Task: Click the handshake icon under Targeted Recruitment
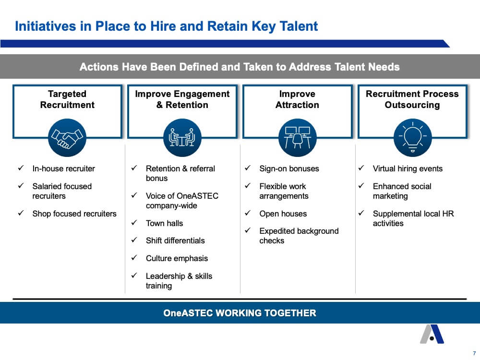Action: (67, 138)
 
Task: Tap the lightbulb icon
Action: (413, 138)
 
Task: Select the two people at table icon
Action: (182, 138)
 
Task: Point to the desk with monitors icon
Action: (298, 138)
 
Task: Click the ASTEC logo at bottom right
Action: (432, 334)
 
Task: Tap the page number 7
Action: (475, 353)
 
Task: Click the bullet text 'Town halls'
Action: (164, 223)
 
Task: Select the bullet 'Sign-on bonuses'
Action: (289, 168)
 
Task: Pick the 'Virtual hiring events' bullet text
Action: (408, 168)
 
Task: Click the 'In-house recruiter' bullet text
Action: (64, 168)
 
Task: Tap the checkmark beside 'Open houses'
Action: (248, 213)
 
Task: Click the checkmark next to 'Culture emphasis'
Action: (134, 257)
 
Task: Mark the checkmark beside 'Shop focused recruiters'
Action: (21, 213)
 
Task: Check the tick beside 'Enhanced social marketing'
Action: (361, 185)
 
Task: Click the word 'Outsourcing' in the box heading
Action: (412, 105)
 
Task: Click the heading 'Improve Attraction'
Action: (297, 99)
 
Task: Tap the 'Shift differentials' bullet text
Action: (175, 240)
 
